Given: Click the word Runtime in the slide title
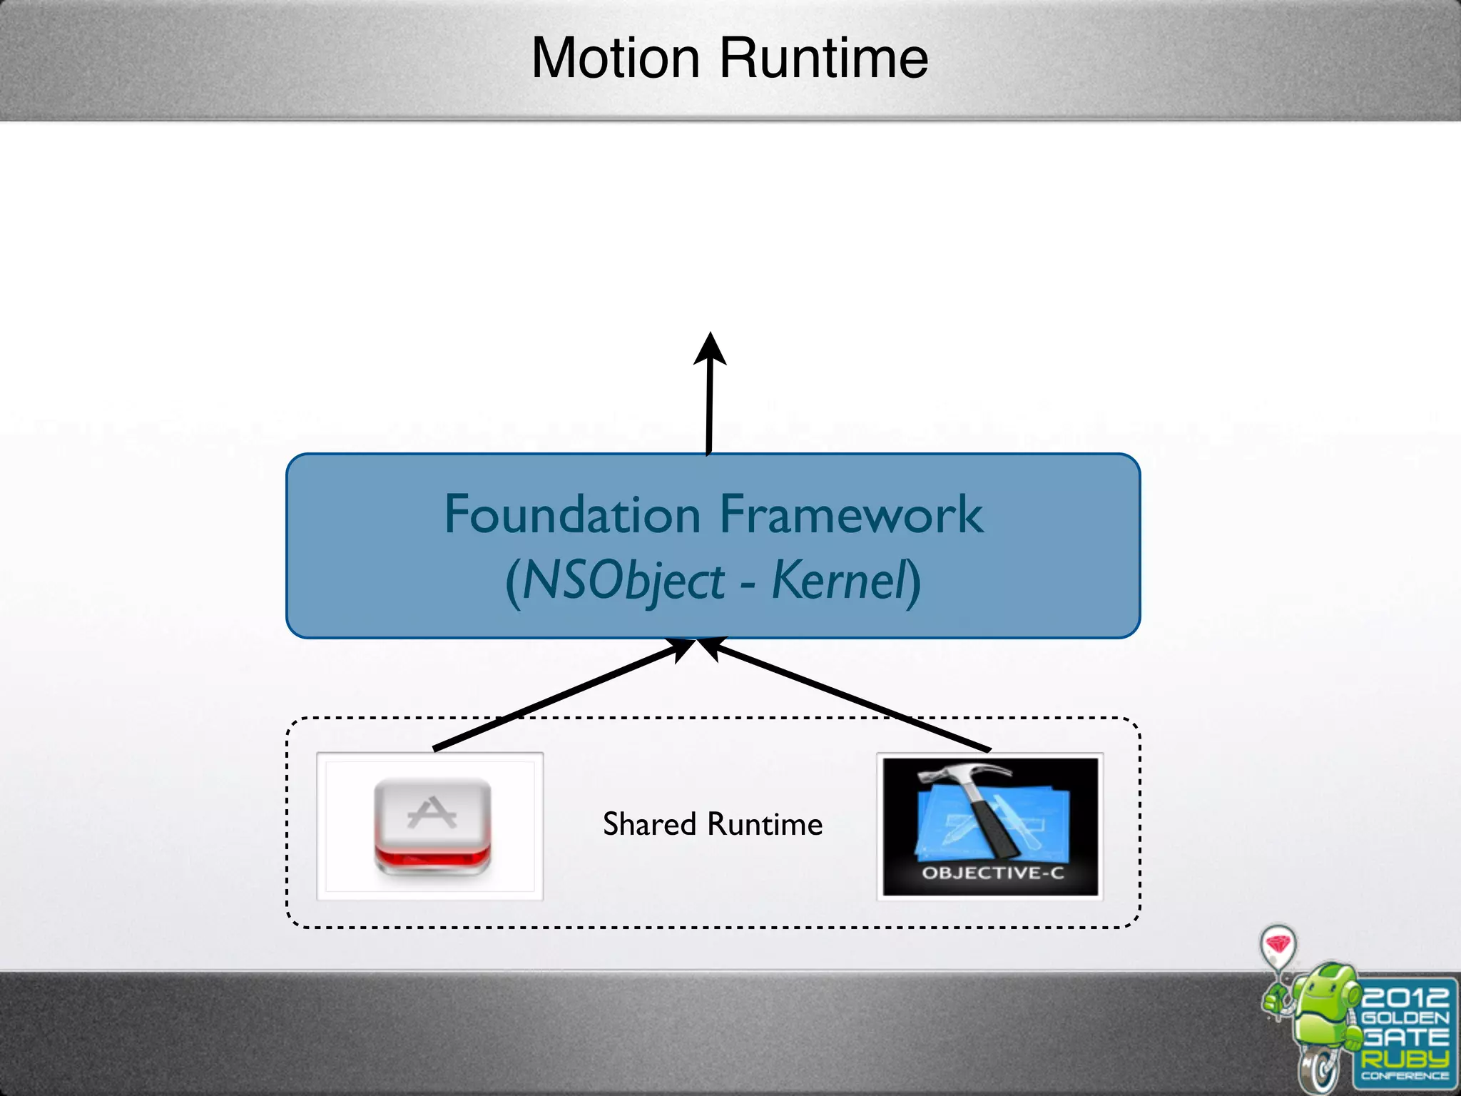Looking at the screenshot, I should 823,59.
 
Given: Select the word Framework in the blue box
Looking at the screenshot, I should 851,514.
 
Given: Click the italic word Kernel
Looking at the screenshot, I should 839,580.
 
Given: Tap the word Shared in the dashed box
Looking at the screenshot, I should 649,824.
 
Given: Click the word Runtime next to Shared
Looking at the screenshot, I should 765,824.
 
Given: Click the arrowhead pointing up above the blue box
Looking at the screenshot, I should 710,350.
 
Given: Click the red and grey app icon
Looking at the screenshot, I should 432,826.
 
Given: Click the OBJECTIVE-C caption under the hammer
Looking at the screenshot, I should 992,873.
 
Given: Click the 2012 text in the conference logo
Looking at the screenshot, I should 1405,996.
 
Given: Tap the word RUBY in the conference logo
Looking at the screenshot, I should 1405,1058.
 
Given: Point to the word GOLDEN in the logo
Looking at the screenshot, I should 1405,1018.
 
